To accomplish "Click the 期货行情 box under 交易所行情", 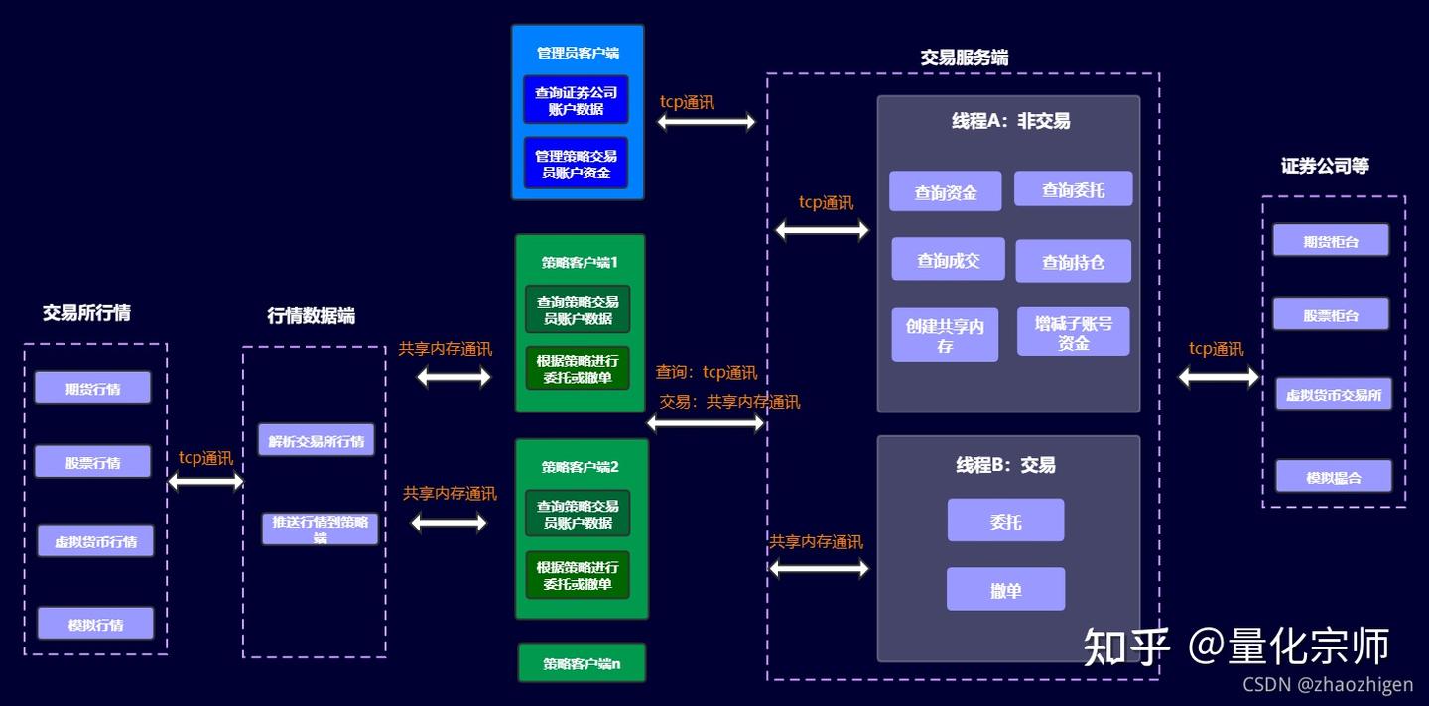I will (x=92, y=388).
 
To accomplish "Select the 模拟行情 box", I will (x=95, y=624).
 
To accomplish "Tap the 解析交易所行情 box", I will (x=316, y=440).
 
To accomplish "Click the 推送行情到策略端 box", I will (x=320, y=529).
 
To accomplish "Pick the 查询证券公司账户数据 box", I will (x=576, y=100).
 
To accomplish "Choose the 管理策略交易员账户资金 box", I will (x=576, y=164).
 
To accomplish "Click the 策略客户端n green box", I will (x=582, y=663).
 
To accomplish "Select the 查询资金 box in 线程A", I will (x=945, y=192).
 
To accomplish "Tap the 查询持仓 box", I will (x=1073, y=262).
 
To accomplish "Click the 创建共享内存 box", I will (x=945, y=336).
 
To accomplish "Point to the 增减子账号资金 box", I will (x=1073, y=332).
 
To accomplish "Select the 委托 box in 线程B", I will (x=1005, y=521).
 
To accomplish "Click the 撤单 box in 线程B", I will (x=1005, y=590).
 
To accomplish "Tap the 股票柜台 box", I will (x=1331, y=315).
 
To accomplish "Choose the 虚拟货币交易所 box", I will (x=1333, y=394).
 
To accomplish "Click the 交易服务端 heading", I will (x=964, y=58).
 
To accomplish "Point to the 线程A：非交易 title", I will (x=1010, y=121).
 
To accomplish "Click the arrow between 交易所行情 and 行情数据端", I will (x=205, y=482).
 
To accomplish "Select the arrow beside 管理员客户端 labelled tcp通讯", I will (x=706, y=122).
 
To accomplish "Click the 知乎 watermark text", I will (x=1126, y=647).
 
